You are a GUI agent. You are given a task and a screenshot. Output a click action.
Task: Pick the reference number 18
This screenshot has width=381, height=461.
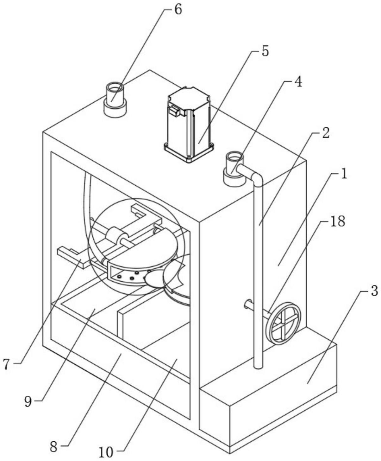[x=337, y=221]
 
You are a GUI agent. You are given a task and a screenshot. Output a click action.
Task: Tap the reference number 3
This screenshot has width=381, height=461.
[x=373, y=291]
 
